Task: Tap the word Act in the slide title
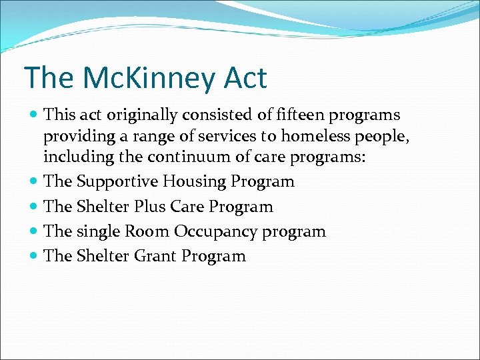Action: click(x=245, y=78)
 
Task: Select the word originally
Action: click(x=145, y=115)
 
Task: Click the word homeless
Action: click(x=312, y=137)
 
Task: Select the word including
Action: click(x=71, y=159)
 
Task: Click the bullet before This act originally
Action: click(x=34, y=115)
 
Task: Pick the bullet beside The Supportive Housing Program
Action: click(x=34, y=181)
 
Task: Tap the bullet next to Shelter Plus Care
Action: click(x=34, y=207)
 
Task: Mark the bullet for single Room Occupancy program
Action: click(x=34, y=231)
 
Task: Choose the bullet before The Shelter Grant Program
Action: click(x=34, y=256)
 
